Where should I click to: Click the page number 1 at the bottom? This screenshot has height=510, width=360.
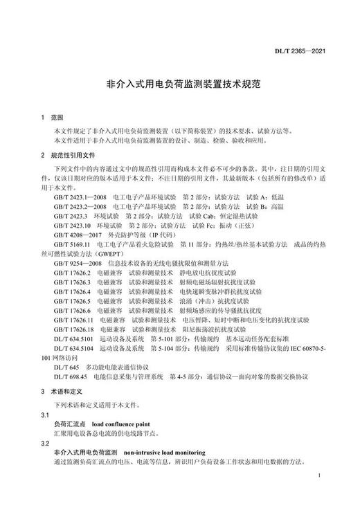point(316,477)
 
